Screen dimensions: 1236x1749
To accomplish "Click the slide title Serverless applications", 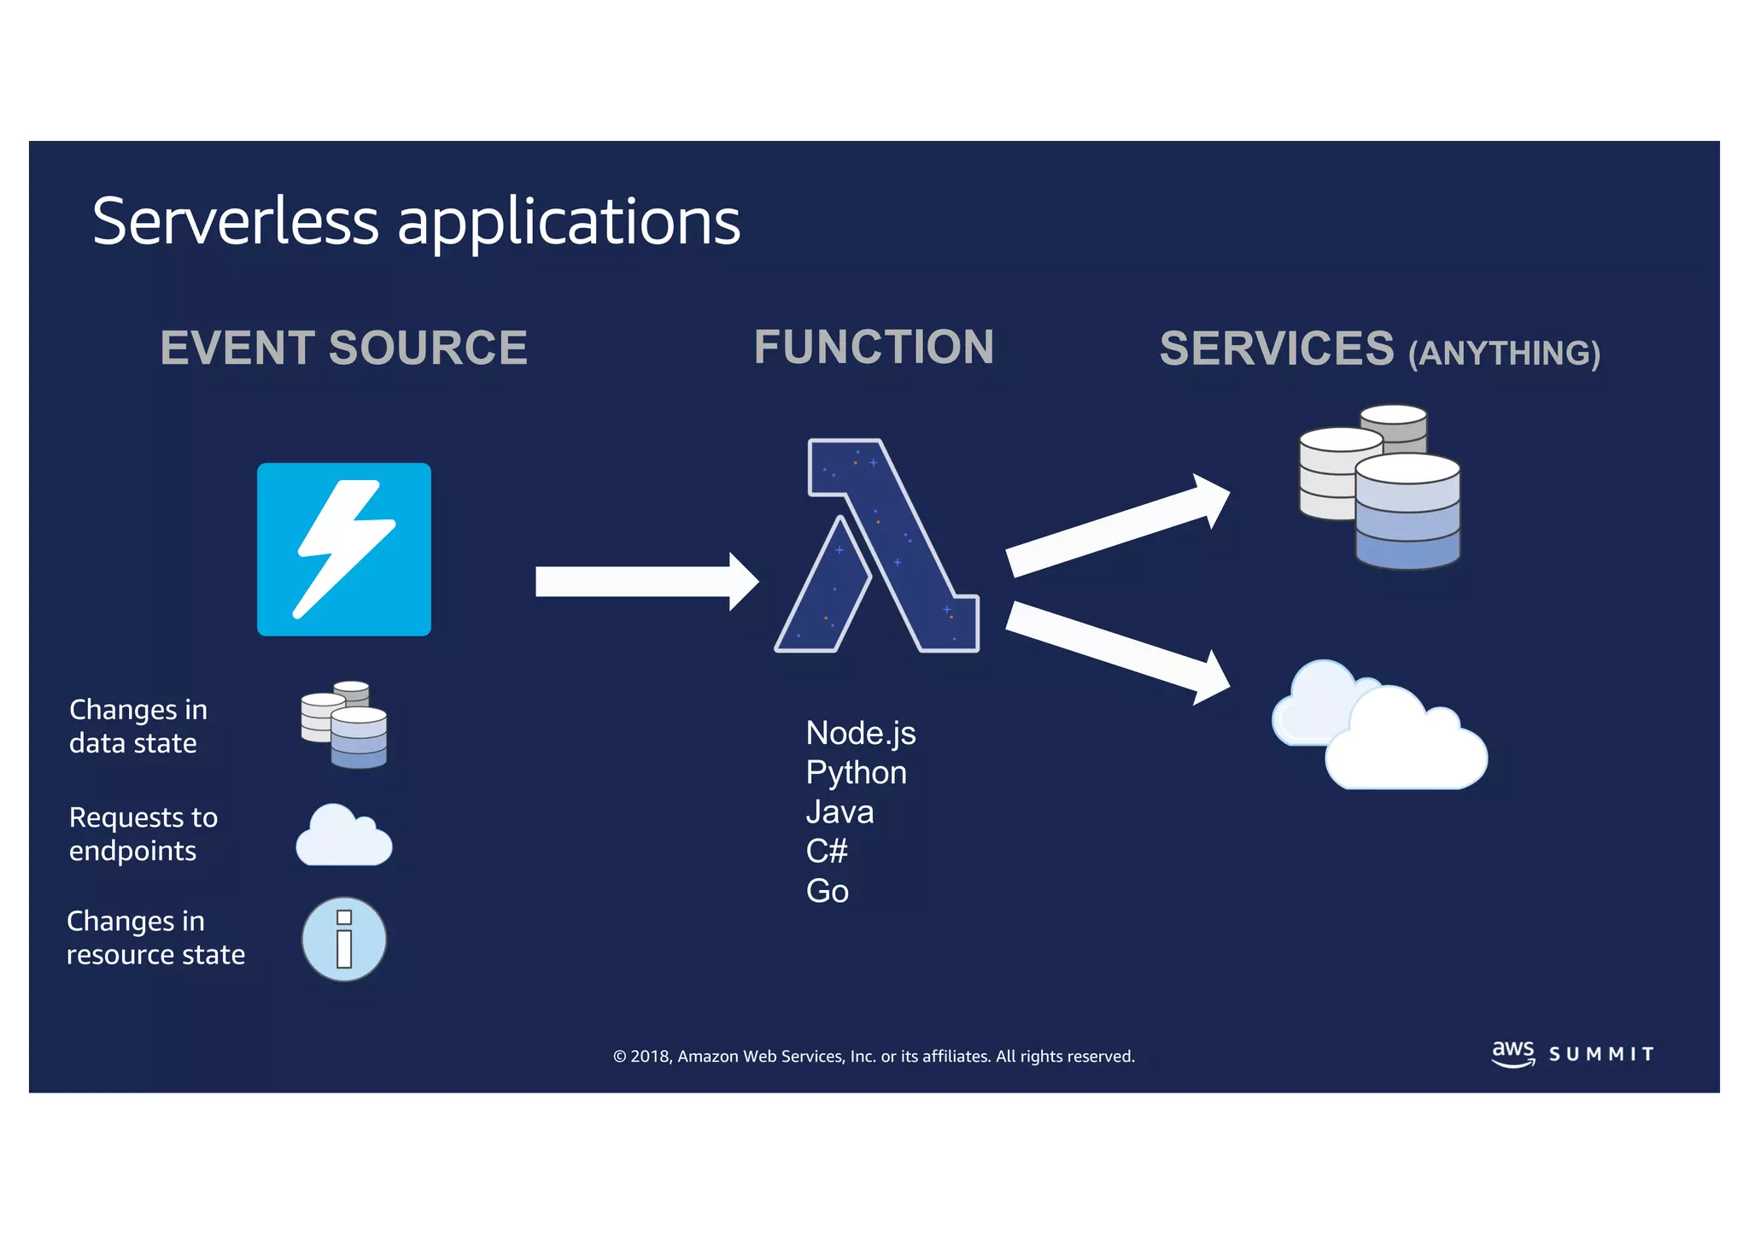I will (416, 222).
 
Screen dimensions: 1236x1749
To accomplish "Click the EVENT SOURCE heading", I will (343, 349).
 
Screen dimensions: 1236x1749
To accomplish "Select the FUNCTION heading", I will (874, 348).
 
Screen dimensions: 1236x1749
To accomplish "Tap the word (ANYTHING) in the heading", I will (1504, 354).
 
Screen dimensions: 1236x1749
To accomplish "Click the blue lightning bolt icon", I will (343, 549).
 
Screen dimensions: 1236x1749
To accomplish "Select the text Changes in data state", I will (137, 726).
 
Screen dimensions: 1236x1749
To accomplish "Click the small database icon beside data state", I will (344, 724).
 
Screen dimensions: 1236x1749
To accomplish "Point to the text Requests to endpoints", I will (143, 834).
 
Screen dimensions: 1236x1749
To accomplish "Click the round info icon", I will (343, 939).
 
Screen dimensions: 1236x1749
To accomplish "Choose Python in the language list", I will (856, 773).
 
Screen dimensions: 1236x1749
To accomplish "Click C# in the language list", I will (827, 851).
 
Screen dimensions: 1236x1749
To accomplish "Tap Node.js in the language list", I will (860, 734).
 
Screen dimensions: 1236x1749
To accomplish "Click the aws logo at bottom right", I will (1512, 1052).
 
